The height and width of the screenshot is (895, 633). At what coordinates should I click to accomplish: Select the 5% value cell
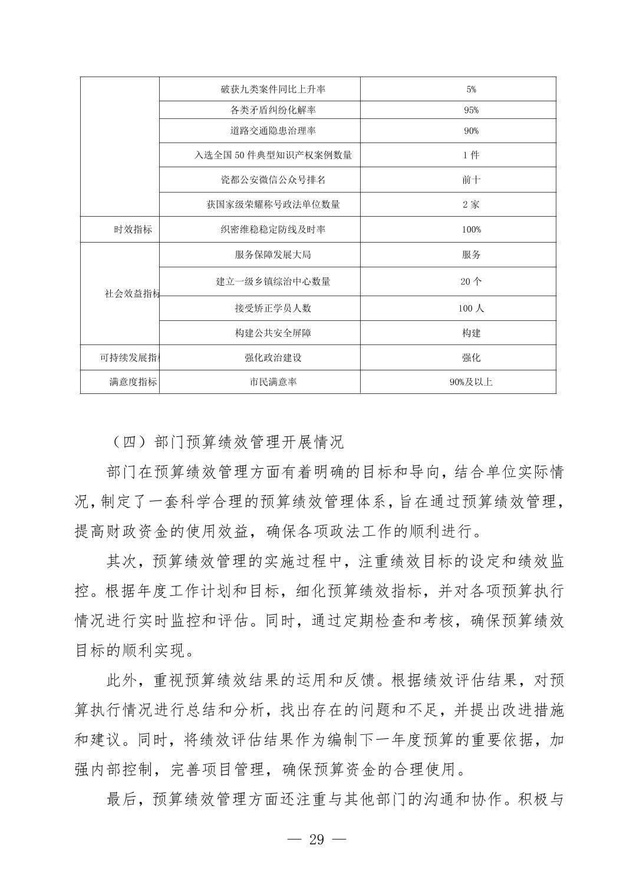click(x=471, y=89)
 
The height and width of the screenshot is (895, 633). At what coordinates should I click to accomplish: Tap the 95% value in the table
click(x=471, y=110)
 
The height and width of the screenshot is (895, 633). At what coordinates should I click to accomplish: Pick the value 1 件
click(x=471, y=155)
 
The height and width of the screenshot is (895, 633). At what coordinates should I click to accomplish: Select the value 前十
click(x=471, y=180)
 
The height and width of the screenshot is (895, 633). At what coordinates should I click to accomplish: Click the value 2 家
click(x=471, y=204)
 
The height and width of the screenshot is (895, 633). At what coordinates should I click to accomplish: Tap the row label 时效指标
click(x=133, y=230)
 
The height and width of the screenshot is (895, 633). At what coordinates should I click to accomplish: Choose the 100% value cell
click(x=471, y=230)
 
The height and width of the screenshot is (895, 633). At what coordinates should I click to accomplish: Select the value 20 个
click(x=471, y=281)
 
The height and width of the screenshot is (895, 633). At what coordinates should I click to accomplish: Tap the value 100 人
click(x=471, y=308)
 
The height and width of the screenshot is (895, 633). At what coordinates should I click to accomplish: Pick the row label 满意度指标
click(x=133, y=382)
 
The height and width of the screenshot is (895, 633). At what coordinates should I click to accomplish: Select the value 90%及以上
click(x=471, y=382)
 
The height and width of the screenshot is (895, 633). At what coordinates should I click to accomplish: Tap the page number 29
click(x=316, y=840)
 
